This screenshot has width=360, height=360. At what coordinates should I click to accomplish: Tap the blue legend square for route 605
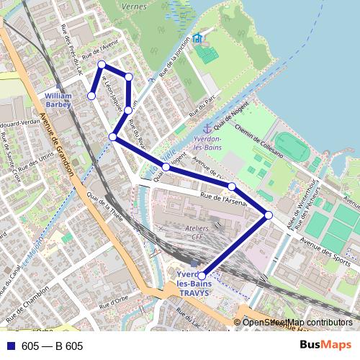point(9,346)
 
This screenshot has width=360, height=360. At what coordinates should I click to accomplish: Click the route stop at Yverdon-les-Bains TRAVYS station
point(202,276)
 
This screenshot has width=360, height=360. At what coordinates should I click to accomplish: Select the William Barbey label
point(58,99)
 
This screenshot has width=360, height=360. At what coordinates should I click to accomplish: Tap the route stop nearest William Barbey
point(91,96)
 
